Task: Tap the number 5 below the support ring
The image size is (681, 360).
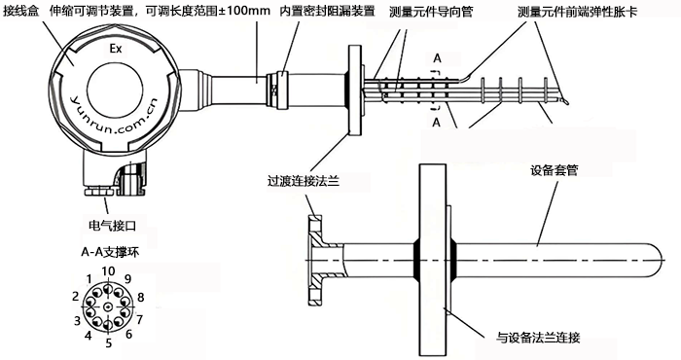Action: [x=108, y=342]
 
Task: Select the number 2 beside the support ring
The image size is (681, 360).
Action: [x=75, y=295]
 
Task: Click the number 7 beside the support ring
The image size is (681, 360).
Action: [x=139, y=319]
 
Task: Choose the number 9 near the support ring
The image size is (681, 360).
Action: [x=126, y=279]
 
